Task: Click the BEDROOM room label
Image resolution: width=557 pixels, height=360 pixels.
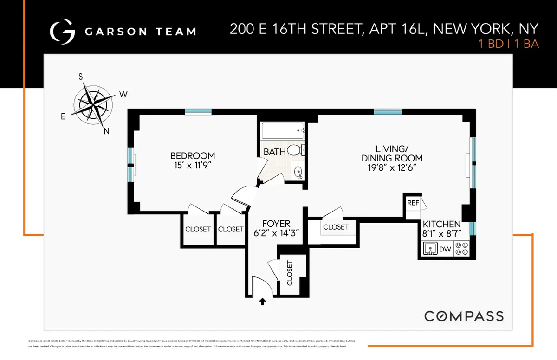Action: click(x=193, y=155)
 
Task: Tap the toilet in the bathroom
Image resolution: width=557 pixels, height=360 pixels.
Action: click(x=294, y=150)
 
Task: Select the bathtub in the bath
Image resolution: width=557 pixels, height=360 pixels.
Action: click(x=282, y=130)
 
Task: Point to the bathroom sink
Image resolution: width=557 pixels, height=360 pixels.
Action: click(x=299, y=171)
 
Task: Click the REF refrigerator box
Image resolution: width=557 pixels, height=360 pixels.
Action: click(x=413, y=203)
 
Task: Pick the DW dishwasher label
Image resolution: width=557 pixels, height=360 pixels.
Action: click(x=445, y=249)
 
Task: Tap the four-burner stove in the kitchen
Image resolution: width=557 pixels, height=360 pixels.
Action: click(x=461, y=249)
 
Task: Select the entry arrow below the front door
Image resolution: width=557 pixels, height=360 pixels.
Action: click(x=262, y=302)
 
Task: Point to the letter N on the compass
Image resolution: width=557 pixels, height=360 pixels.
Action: click(x=106, y=131)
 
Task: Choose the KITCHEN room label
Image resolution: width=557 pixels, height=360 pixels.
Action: click(x=441, y=224)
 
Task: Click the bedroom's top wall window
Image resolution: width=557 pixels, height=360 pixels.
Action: click(x=198, y=111)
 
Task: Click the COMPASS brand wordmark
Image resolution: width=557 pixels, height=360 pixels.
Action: click(x=464, y=316)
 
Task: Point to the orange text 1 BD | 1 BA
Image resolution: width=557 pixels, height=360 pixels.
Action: click(x=509, y=45)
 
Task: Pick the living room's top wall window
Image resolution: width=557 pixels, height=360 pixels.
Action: click(x=388, y=111)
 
